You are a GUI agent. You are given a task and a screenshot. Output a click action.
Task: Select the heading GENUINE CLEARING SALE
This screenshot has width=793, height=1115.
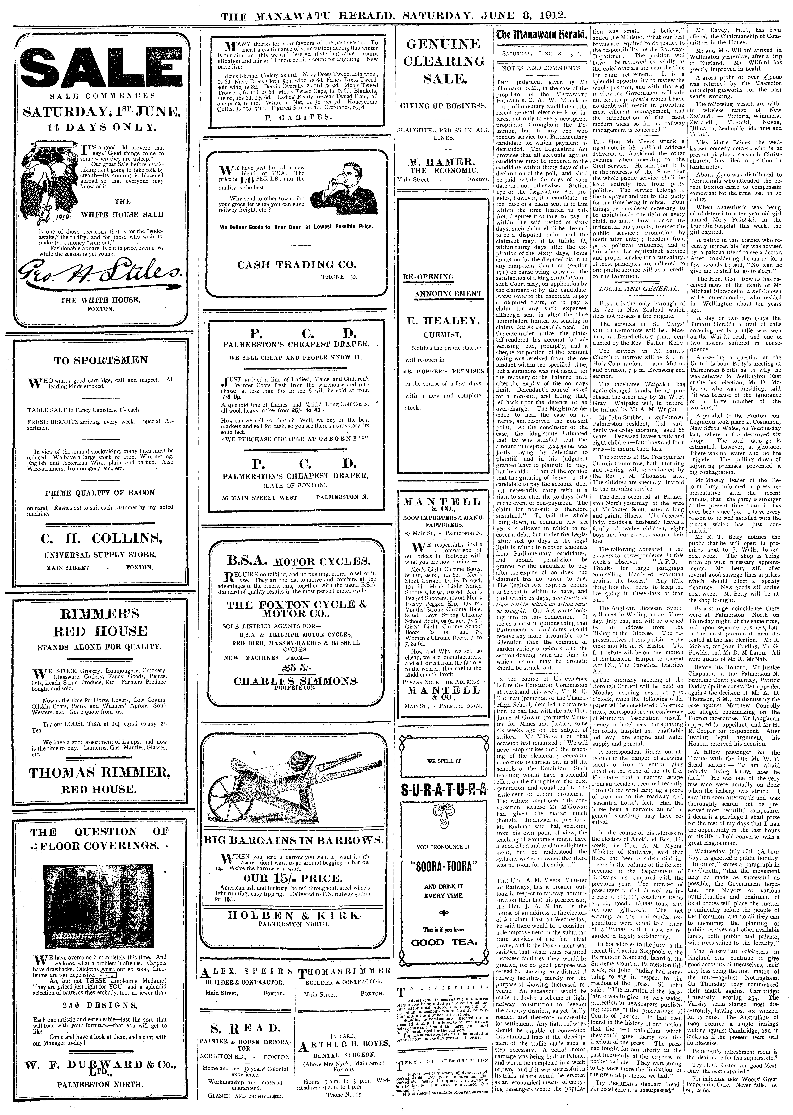tap(443, 62)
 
